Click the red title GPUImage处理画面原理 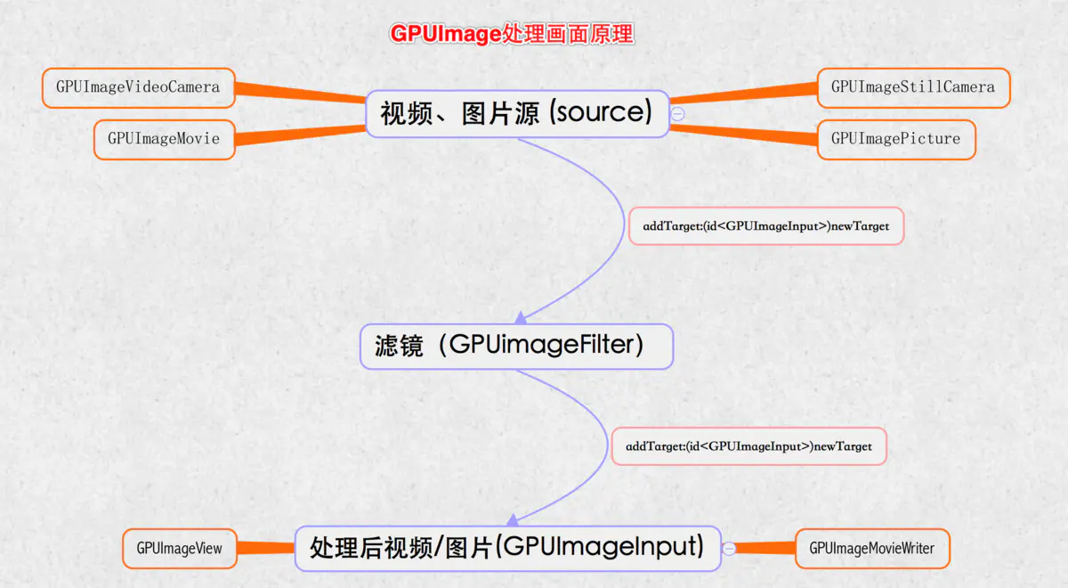click(512, 34)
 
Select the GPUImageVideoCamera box click(138, 88)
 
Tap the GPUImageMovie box click(165, 139)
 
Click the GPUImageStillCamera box click(913, 88)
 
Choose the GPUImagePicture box click(896, 139)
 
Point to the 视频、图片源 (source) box click(517, 114)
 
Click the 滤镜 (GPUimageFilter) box click(516, 347)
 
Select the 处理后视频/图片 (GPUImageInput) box click(508, 549)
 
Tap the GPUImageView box click(180, 549)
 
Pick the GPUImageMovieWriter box click(872, 549)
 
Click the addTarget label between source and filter click(766, 226)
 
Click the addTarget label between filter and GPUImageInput click(749, 446)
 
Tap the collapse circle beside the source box click(677, 114)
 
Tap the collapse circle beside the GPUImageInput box click(729, 549)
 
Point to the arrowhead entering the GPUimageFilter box click(521, 318)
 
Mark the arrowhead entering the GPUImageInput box click(513, 520)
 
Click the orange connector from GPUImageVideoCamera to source click(301, 93)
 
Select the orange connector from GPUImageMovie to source click(301, 134)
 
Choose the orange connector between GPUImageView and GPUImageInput click(265, 548)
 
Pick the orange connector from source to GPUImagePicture click(744, 134)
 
